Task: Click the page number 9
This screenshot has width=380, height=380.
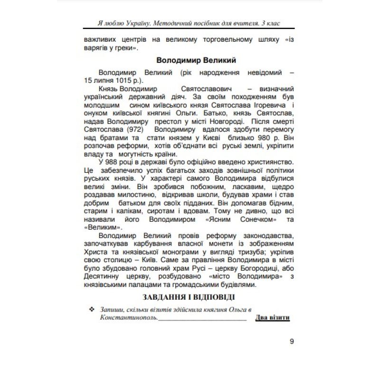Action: [x=292, y=341]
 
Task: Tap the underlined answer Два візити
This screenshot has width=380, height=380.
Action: [x=272, y=318]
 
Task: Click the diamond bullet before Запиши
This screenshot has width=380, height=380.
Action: [x=92, y=309]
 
